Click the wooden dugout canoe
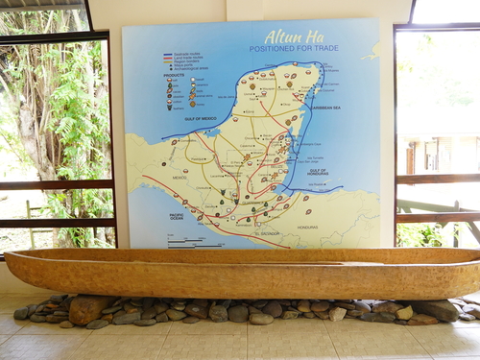coord(240,274)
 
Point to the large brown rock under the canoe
coord(88,308)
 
